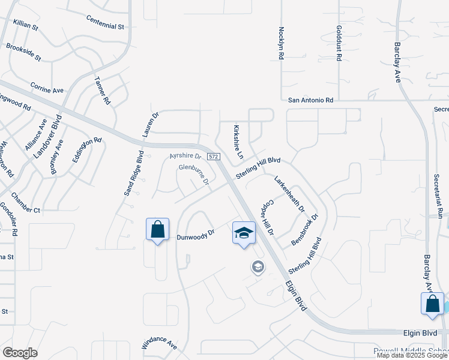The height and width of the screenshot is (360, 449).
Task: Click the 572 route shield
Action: pyautogui.click(x=214, y=157)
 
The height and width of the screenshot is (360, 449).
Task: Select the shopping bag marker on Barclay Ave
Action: pyautogui.click(x=432, y=304)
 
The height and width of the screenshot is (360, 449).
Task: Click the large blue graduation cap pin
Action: pyautogui.click(x=244, y=233)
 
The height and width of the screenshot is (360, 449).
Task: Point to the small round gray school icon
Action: pyautogui.click(x=258, y=267)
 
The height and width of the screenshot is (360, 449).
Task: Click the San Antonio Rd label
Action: pyautogui.click(x=310, y=101)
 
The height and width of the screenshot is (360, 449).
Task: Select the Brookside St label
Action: pyautogui.click(x=23, y=52)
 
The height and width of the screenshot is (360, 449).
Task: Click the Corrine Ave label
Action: pyautogui.click(x=47, y=88)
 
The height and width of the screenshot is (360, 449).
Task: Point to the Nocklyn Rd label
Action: pyautogui.click(x=281, y=43)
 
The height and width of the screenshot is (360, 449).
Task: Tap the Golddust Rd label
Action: pyautogui.click(x=339, y=43)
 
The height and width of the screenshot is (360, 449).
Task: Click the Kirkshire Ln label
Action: pyautogui.click(x=238, y=142)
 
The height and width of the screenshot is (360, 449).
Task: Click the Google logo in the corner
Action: pyautogui.click(x=20, y=353)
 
